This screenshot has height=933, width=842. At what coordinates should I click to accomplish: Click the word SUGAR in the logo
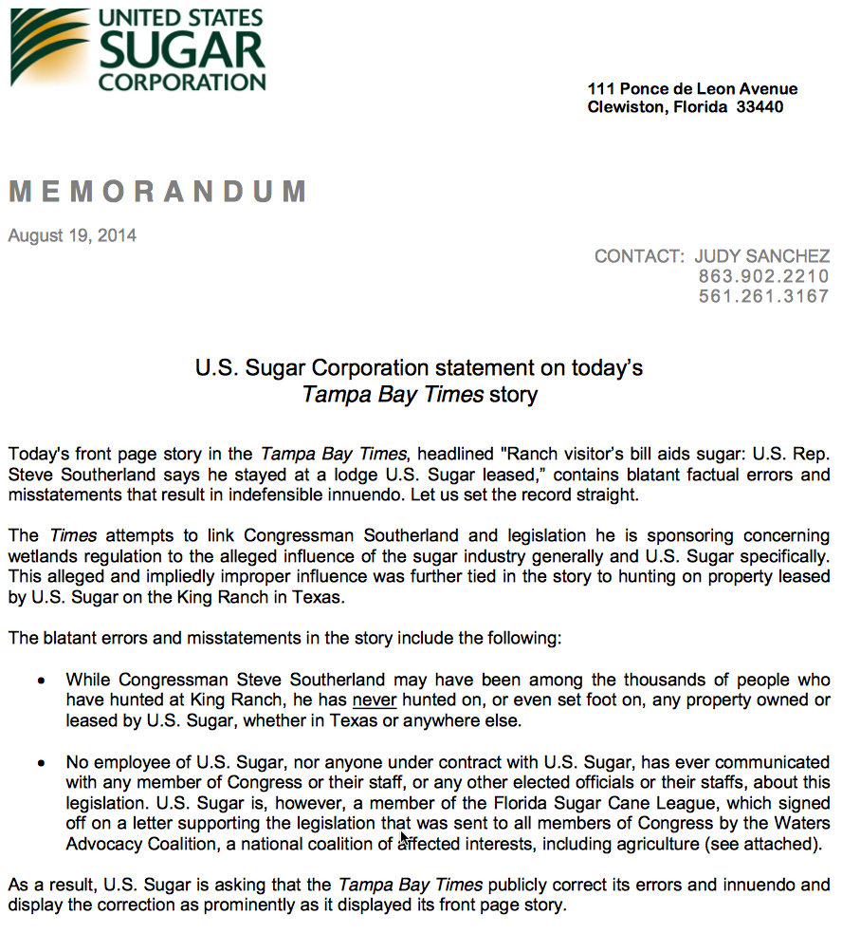tap(181, 49)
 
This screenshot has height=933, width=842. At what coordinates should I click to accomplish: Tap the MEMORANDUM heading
tap(157, 192)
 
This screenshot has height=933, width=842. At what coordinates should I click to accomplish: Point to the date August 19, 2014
tap(72, 235)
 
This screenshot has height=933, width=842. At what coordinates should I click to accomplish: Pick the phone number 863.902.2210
tap(763, 276)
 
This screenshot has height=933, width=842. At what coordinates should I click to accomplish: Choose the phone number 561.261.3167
tap(763, 296)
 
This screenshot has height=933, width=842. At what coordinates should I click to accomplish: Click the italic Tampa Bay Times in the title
tap(393, 394)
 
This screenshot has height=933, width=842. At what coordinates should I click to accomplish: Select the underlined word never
tap(375, 700)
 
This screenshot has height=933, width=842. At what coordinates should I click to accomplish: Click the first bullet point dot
tap(40, 681)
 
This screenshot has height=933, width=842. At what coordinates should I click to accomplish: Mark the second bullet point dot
tap(40, 763)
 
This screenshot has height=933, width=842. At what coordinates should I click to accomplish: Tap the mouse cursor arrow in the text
tap(405, 839)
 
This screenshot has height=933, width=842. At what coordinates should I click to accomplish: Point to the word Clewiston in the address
tap(626, 107)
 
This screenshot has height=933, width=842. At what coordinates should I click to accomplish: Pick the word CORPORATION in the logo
tap(182, 83)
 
